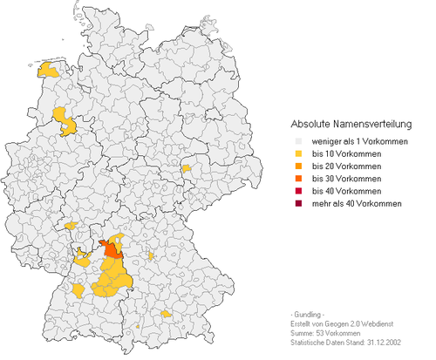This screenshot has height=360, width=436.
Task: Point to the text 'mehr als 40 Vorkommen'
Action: [x=353, y=203]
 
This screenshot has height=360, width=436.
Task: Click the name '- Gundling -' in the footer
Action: [x=310, y=313]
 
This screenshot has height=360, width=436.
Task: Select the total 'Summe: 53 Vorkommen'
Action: [x=324, y=333]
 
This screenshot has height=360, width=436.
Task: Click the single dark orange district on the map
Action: [x=111, y=248]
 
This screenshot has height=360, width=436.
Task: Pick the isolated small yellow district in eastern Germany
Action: [x=186, y=169]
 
